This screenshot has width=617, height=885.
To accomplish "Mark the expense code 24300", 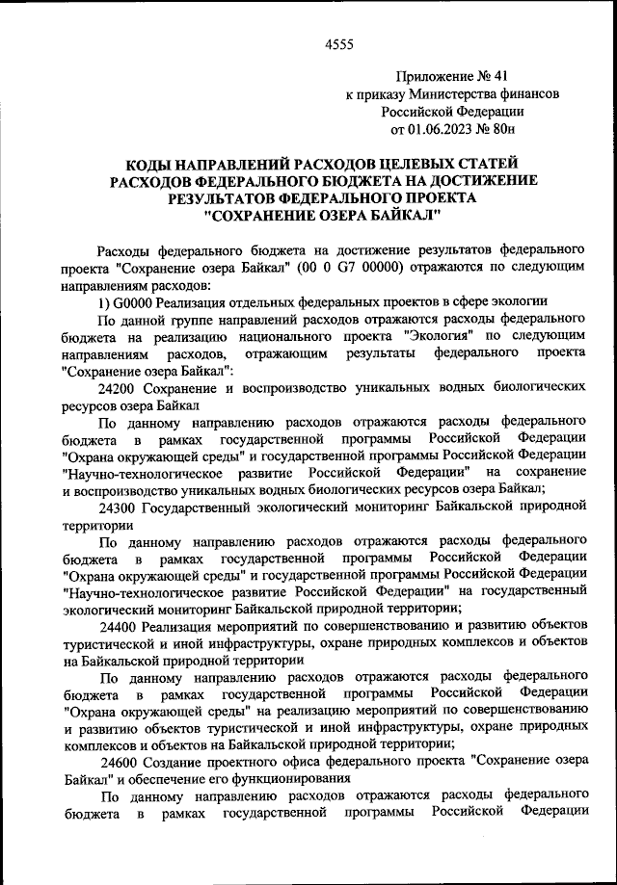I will pos(119,508).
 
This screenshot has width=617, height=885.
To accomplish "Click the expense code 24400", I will pos(119,629).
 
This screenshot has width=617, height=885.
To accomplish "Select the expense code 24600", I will pos(119,761).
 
